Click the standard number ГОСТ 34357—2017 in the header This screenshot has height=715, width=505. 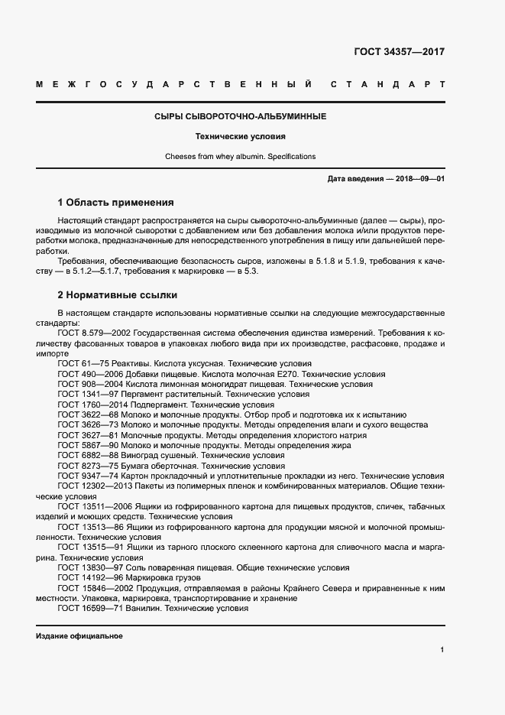click(x=399, y=53)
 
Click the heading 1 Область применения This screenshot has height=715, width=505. click(x=116, y=203)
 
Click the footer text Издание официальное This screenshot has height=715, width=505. click(x=79, y=636)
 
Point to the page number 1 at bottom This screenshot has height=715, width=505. click(x=442, y=650)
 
